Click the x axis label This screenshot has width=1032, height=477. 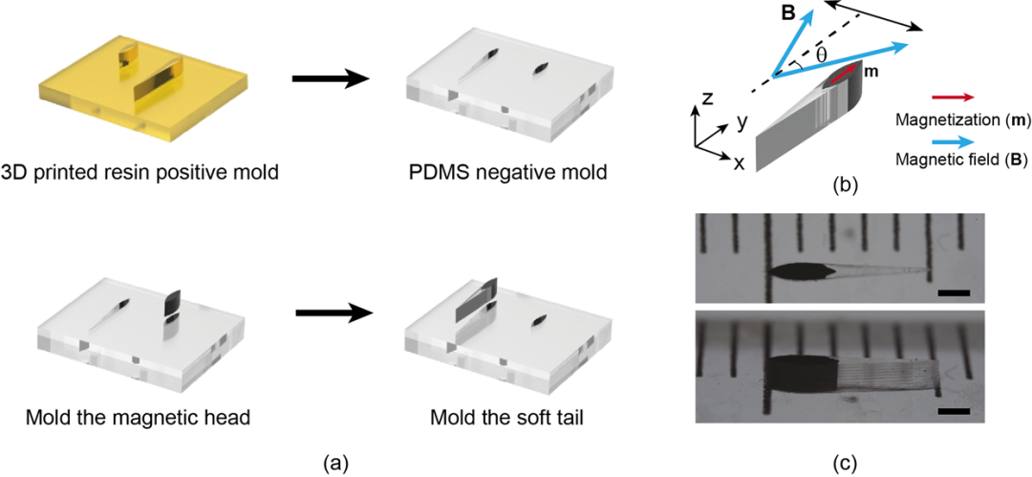pos(738,163)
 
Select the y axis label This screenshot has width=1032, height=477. pos(740,121)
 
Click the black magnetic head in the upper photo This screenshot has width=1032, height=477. pos(797,271)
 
